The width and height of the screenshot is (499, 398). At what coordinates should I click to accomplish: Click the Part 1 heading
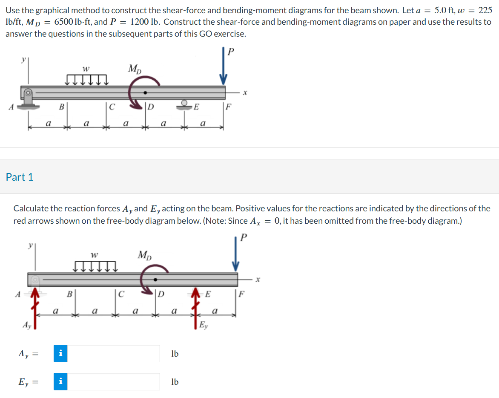click(x=20, y=177)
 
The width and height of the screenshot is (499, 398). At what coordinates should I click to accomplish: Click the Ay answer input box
click(x=114, y=354)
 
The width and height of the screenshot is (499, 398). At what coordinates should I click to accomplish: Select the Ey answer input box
click(x=114, y=382)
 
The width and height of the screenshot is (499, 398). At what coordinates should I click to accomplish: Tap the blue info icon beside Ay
click(x=61, y=354)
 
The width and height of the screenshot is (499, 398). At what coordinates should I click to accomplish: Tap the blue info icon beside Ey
click(x=61, y=382)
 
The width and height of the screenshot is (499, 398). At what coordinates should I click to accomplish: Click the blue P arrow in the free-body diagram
click(x=236, y=256)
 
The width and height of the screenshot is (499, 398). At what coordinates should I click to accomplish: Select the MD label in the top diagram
click(x=135, y=68)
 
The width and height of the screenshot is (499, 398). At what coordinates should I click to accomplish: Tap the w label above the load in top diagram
click(x=86, y=68)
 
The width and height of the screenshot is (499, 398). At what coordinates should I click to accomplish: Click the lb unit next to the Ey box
click(x=175, y=382)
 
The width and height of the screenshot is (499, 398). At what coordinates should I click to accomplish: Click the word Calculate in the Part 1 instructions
click(x=31, y=208)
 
